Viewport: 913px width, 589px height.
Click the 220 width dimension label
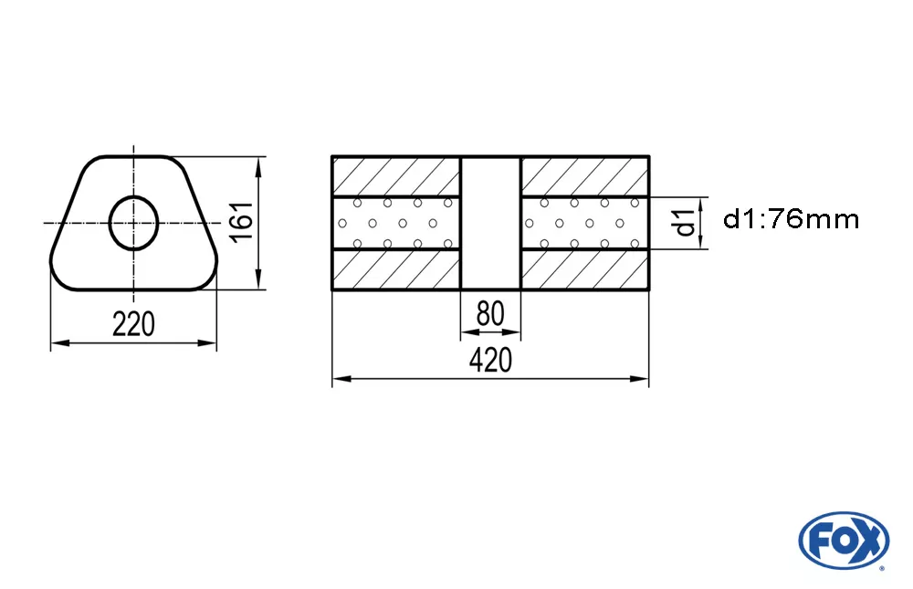click(x=133, y=323)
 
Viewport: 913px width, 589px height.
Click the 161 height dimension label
click(x=241, y=223)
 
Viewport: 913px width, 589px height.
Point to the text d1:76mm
click(x=791, y=219)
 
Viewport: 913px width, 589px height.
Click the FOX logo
click(x=843, y=539)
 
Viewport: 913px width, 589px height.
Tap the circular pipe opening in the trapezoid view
click(x=134, y=223)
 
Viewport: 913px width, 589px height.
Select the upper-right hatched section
click(x=585, y=176)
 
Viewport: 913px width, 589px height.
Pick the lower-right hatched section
click(x=585, y=270)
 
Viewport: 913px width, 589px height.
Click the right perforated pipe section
click(x=585, y=223)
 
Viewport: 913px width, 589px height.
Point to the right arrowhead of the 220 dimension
click(x=211, y=343)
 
